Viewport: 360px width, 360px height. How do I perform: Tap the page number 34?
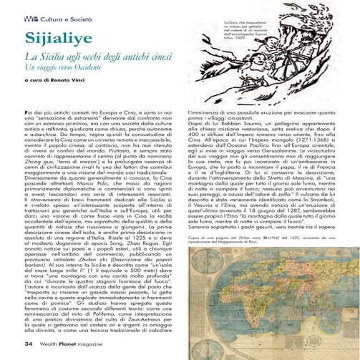point(29,344)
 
